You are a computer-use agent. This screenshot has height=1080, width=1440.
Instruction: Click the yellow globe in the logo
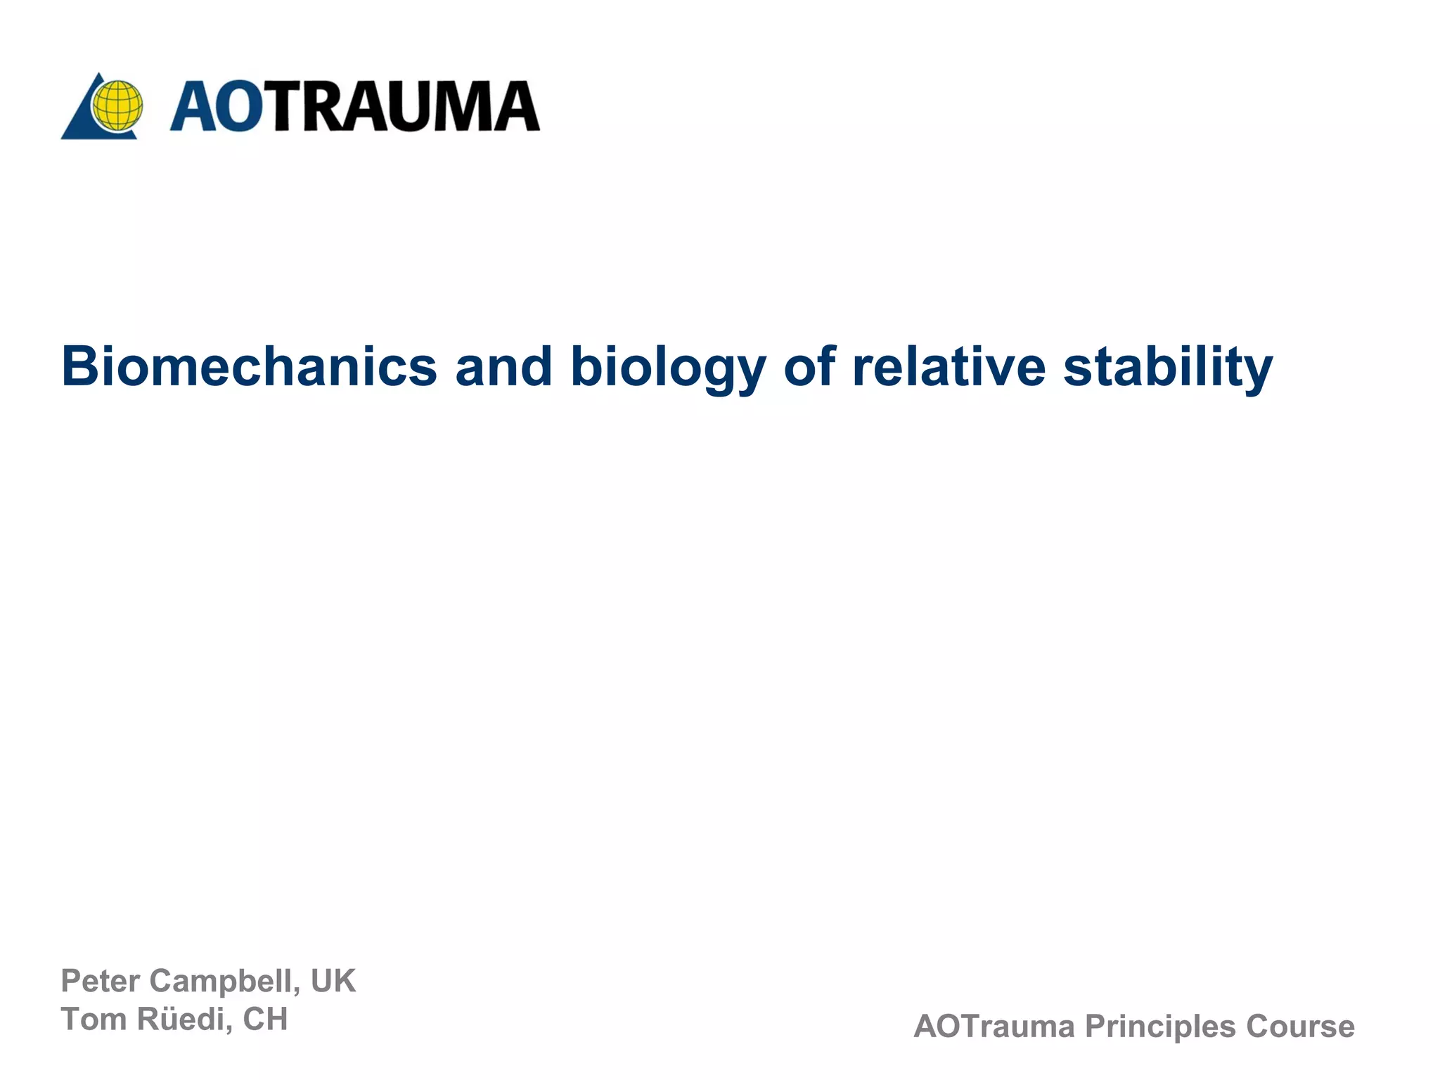point(117,106)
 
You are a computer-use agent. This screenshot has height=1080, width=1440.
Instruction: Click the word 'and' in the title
point(503,366)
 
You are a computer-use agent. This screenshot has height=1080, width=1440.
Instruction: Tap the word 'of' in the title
point(809,366)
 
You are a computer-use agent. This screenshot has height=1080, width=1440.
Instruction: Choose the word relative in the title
point(949,366)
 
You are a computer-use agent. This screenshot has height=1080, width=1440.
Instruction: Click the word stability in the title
point(1168,366)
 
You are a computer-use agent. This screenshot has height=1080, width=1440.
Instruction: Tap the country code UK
point(333,981)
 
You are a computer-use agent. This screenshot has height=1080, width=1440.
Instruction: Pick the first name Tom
point(94,1019)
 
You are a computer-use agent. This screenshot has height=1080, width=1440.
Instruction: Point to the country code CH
point(265,1019)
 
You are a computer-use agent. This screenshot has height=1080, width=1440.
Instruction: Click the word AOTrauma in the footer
point(994,1027)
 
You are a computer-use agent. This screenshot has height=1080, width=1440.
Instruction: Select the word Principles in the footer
point(1160,1027)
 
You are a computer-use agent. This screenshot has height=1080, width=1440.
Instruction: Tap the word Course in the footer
point(1300,1027)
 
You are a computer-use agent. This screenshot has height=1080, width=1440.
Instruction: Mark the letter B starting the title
point(77,366)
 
